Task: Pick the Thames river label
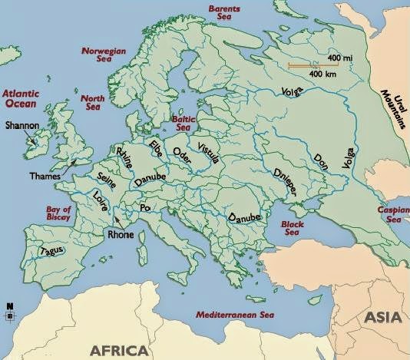(x=45, y=176)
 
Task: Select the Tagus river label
(x=51, y=251)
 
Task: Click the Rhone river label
(x=121, y=235)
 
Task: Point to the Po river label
(x=144, y=208)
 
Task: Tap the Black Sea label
(x=294, y=227)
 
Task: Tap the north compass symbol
(x=10, y=312)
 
